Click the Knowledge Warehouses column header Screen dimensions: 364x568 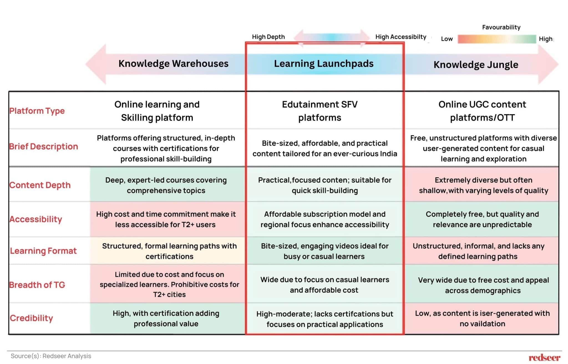[173, 64]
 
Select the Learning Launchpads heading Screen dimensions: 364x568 [324, 64]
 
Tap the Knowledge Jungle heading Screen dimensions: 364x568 [476, 65]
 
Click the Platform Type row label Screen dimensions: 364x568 [37, 111]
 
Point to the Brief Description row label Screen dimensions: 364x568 [44, 146]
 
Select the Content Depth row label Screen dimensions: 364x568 [40, 185]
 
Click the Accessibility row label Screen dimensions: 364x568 [36, 219]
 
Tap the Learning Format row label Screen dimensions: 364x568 [43, 251]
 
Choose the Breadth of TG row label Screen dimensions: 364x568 [37, 285]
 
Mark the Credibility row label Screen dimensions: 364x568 [31, 318]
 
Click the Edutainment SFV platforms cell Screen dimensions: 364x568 [319, 111]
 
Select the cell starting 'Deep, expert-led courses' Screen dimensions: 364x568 [166, 185]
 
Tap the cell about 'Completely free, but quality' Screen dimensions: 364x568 [482, 219]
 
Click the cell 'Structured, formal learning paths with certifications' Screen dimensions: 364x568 [169, 251]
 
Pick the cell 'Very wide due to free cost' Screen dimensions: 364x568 [483, 285]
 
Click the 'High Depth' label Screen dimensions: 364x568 [268, 37]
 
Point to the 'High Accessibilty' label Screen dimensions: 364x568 [400, 37]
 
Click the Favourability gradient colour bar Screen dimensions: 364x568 [496, 39]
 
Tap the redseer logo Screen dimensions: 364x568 [544, 358]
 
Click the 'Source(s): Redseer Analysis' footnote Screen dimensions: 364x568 [51, 356]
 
